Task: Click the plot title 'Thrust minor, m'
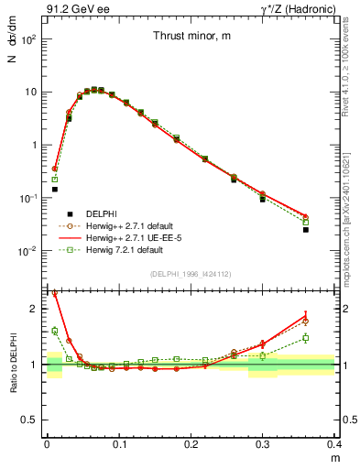pos(191,37)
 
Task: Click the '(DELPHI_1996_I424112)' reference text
pos(191,273)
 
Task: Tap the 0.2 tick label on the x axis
pos(191,443)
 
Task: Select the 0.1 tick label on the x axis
pos(118,443)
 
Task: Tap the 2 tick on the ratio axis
pos(33,309)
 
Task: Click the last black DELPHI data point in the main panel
pos(331,230)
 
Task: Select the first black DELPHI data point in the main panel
pos(55,190)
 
